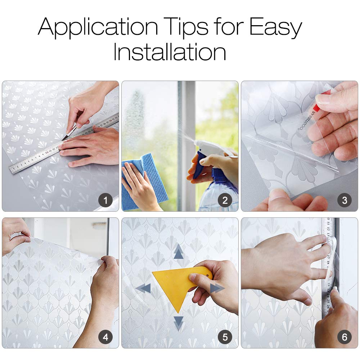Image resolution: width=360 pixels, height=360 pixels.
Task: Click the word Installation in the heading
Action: pos(170,52)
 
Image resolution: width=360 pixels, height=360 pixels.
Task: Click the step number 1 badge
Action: pos(105,201)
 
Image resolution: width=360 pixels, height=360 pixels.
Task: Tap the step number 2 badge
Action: pos(225,201)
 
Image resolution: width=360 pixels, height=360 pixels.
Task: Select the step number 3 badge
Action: pos(345,201)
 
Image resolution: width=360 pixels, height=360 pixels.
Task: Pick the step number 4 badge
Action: pos(105,337)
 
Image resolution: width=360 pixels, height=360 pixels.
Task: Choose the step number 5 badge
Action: pos(225,337)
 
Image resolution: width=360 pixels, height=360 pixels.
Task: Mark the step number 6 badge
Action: pos(345,337)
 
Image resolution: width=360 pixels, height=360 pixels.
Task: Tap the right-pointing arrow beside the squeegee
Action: pos(217,288)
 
